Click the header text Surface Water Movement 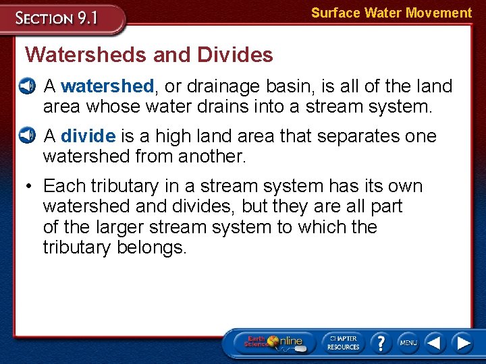(x=391, y=13)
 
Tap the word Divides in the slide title (x=236, y=55)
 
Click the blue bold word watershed (x=107, y=86)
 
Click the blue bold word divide (x=88, y=136)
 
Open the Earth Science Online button (x=274, y=342)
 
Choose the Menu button (x=408, y=342)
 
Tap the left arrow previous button (x=435, y=342)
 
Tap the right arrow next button (x=462, y=342)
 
